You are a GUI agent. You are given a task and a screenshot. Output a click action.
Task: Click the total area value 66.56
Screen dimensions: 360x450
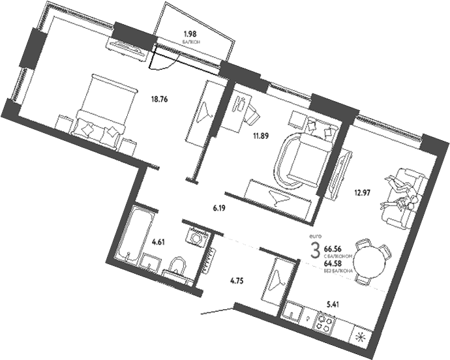click(333, 249)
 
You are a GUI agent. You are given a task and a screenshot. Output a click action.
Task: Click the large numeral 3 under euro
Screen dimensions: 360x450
click(315, 250)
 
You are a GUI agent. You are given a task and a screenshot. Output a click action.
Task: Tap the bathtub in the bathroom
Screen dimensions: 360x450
click(134, 233)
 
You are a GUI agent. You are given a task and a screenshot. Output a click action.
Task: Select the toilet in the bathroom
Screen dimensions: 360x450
click(175, 265)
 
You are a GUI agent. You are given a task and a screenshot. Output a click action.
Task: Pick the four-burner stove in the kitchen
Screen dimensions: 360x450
click(324, 322)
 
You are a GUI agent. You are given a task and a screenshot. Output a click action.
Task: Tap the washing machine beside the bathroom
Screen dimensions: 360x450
click(196, 237)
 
